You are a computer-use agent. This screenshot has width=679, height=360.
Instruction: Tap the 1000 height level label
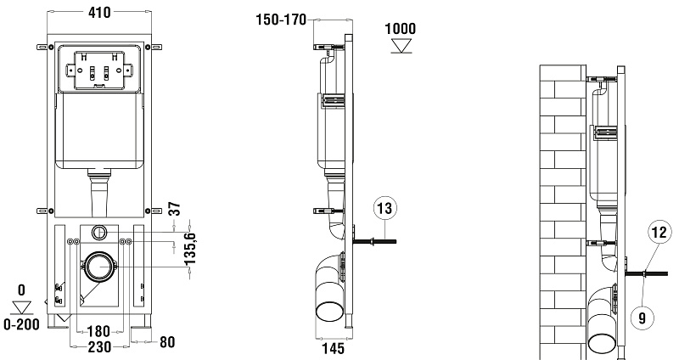pyautogui.click(x=400, y=26)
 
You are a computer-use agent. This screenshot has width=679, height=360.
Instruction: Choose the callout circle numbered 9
pyautogui.click(x=643, y=317)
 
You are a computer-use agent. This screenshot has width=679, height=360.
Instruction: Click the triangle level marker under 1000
pyautogui.click(x=400, y=44)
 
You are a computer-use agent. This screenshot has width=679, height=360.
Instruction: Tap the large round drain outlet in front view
pyautogui.click(x=99, y=266)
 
